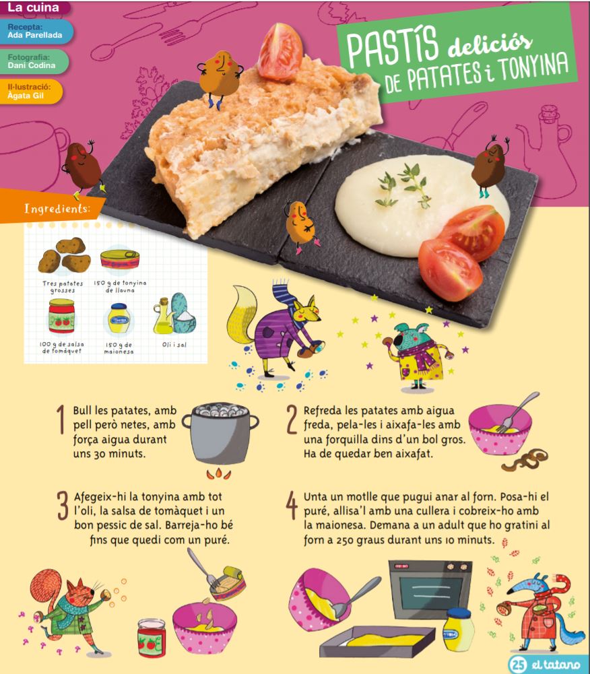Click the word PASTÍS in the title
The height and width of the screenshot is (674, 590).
[x=392, y=47]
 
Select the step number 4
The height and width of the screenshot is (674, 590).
[x=292, y=506]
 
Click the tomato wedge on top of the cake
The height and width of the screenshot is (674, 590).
[x=280, y=52]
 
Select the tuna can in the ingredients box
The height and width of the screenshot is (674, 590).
[x=120, y=259]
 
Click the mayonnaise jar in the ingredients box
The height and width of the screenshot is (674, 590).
[x=119, y=318]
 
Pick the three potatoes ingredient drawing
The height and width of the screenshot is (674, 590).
[x=64, y=255]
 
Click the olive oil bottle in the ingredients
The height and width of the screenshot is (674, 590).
[x=163, y=316]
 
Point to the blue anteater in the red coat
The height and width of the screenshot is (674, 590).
[x=538, y=611]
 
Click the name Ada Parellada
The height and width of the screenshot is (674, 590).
[x=35, y=35]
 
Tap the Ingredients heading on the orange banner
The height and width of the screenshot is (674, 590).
[x=57, y=209]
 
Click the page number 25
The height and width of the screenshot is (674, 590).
[x=518, y=665]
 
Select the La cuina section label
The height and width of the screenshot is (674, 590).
[x=33, y=7]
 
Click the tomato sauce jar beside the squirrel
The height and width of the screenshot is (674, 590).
[x=152, y=638]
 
